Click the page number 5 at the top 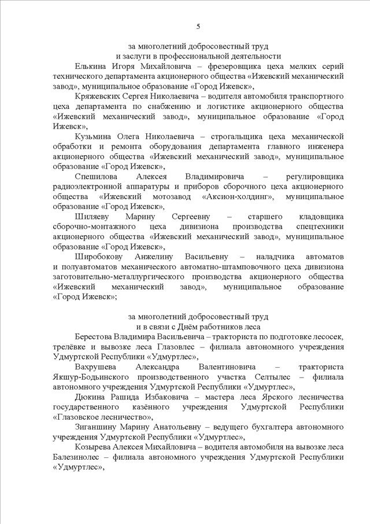coord(198,27)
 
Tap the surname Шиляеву coord(91,216)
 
